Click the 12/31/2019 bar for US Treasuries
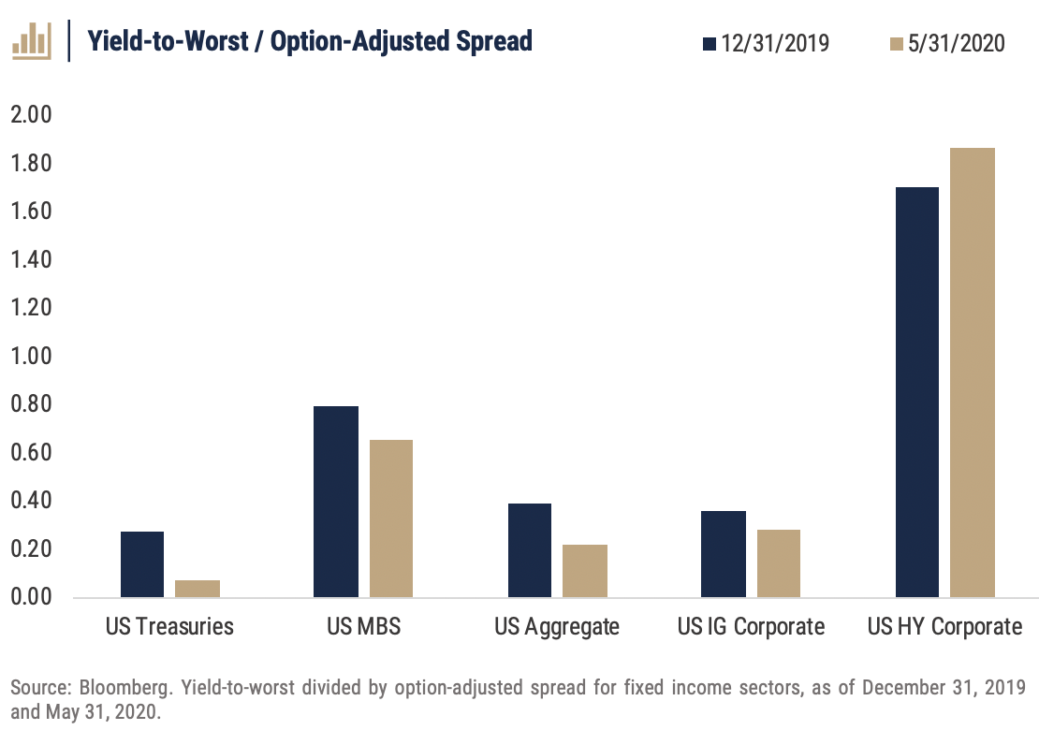point(142,564)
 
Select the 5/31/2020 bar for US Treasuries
point(198,589)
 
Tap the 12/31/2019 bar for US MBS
point(336,502)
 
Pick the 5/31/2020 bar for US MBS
point(390,519)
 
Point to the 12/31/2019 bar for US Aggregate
point(529,550)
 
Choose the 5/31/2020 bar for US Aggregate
point(584,571)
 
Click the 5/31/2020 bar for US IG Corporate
point(778,563)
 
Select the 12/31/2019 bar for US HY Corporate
point(916,392)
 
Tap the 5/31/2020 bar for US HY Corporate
point(972,372)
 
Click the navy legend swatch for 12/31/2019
point(710,43)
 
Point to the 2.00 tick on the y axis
point(31,115)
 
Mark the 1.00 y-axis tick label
point(31,357)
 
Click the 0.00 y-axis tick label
point(31,597)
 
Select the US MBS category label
point(363,626)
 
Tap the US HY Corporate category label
point(944,626)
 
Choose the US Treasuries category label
point(169,626)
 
